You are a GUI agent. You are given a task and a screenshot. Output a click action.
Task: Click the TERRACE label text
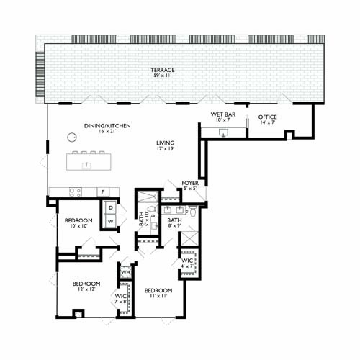(163, 70)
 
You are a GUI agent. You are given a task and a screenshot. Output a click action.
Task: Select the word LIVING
(166, 143)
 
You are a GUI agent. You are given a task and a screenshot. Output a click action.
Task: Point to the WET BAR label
(222, 114)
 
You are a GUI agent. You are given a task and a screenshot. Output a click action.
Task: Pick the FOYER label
(190, 183)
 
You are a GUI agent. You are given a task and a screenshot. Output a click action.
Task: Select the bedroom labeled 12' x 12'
(86, 284)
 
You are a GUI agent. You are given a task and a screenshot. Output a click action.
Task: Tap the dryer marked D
(111, 207)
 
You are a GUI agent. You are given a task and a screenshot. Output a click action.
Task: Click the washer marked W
(111, 221)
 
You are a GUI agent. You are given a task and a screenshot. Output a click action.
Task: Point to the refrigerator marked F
(102, 192)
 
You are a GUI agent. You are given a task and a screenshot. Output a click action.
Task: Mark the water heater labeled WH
(125, 272)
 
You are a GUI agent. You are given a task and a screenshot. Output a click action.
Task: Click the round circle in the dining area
(72, 137)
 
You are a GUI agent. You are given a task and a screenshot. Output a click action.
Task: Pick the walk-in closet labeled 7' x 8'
(120, 299)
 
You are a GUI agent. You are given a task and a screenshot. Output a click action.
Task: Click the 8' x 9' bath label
(174, 223)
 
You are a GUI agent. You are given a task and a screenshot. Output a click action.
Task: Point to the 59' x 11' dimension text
(163, 76)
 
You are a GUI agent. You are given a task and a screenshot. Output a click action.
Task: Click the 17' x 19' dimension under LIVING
(166, 150)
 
